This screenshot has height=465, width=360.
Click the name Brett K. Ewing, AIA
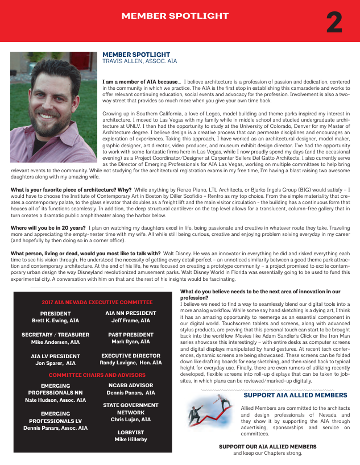55,321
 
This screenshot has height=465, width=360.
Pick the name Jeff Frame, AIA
131,321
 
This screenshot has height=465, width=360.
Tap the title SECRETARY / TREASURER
55,335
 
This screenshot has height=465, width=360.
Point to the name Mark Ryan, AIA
131,342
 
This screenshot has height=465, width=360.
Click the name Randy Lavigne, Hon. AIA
131,363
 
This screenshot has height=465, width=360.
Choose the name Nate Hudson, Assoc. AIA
55,400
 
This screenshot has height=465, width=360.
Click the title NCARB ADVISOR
131,385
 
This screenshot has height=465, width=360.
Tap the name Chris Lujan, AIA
131,420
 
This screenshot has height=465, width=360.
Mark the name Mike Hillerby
131,439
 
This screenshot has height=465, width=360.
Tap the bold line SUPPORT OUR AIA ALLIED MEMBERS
267,447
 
